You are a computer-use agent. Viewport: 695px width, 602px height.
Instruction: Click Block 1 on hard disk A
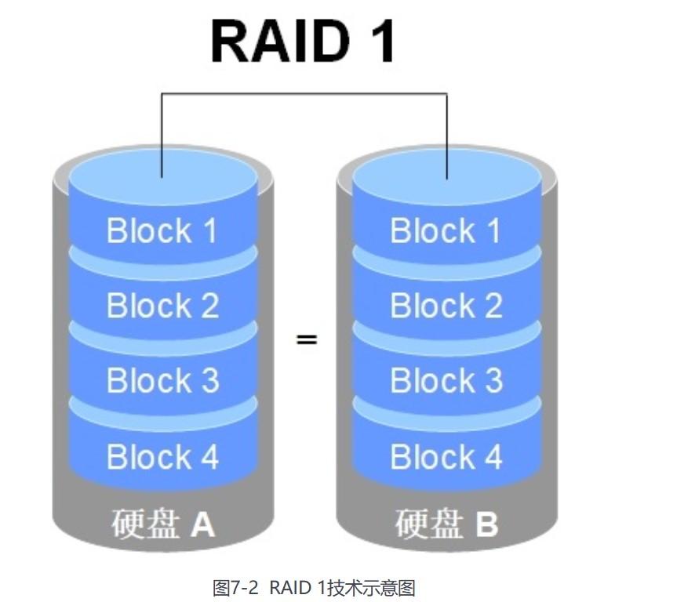(x=162, y=230)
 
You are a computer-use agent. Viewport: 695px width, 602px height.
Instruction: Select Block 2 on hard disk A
(x=162, y=306)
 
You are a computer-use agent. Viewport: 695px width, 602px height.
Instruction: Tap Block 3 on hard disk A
(x=162, y=380)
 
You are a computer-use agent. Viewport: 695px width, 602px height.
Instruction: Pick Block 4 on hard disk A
(x=162, y=456)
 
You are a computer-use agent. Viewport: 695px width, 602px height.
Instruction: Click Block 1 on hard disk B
(x=446, y=230)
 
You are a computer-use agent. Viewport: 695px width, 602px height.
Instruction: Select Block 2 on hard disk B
(x=446, y=306)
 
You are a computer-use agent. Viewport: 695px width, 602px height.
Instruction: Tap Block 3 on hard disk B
(x=446, y=380)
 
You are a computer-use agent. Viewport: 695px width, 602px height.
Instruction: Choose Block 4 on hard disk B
(x=446, y=456)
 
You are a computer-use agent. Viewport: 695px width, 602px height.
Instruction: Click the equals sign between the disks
(x=306, y=340)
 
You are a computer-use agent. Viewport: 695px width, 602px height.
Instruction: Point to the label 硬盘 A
(x=163, y=524)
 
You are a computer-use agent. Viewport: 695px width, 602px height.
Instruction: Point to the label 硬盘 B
(x=446, y=524)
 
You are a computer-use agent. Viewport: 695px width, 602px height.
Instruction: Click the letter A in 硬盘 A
(x=202, y=524)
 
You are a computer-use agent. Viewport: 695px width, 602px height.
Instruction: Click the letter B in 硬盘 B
(x=486, y=524)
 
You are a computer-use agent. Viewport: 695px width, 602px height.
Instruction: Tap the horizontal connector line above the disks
(x=304, y=94)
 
